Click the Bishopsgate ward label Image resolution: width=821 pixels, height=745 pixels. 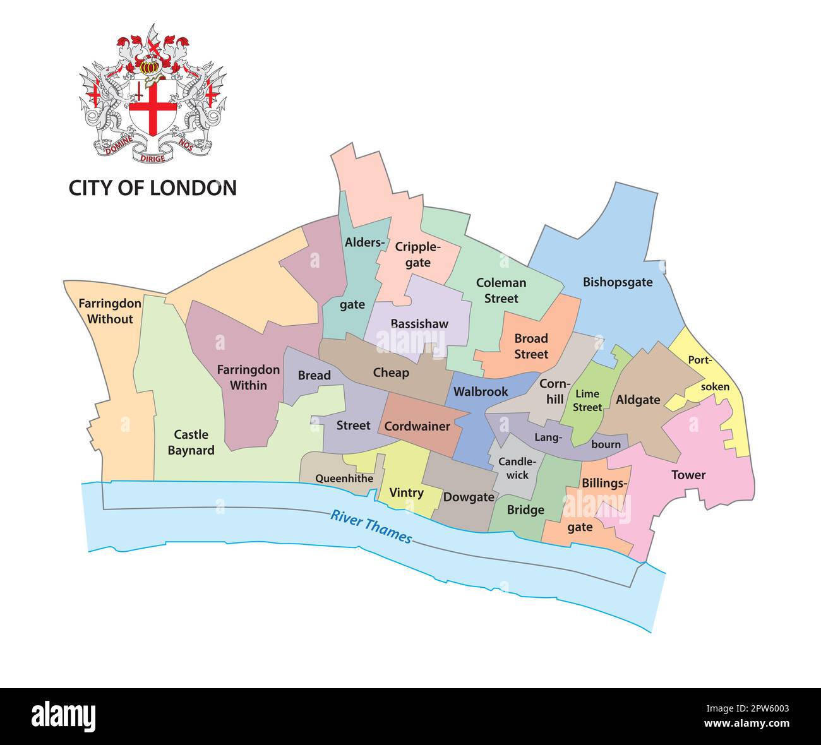pos(617,282)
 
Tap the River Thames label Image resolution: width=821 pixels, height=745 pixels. pos(371,527)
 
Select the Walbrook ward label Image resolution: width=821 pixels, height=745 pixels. pos(481,392)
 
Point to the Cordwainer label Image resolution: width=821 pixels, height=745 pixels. pos(417,426)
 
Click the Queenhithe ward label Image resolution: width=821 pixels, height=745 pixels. pos(344,479)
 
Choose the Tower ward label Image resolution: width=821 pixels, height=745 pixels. pos(688,475)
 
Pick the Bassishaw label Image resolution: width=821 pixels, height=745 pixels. pos(419,324)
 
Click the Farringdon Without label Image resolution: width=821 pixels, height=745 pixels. pos(110,311)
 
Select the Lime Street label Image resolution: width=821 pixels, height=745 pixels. pos(587,401)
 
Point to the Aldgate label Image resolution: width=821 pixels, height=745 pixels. pos(638,400)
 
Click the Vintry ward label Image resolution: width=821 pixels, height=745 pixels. pos(406,492)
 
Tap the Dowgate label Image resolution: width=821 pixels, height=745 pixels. pos(468,497)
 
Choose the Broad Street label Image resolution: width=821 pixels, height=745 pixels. pos(530,346)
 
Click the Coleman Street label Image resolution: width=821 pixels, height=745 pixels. pos(501,290)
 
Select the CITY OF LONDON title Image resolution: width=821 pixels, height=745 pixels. pos(152,188)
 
